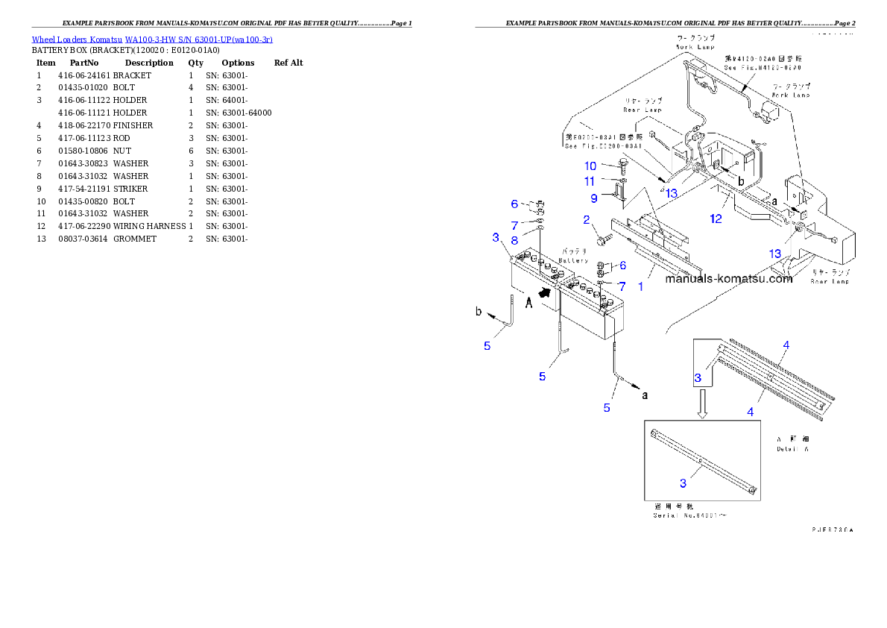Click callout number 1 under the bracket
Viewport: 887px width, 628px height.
tap(640, 286)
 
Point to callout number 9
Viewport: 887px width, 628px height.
tap(594, 198)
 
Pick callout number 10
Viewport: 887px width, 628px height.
tap(590, 166)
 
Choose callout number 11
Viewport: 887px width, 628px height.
tap(590, 181)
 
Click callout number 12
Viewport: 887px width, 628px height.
tap(716, 219)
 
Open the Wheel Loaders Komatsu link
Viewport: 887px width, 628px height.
tap(152, 39)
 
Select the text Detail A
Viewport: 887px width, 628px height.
tap(793, 448)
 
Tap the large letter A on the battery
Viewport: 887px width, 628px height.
tap(528, 302)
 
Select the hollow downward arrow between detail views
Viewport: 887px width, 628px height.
tap(701, 406)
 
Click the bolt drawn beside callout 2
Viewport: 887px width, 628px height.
tap(605, 239)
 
